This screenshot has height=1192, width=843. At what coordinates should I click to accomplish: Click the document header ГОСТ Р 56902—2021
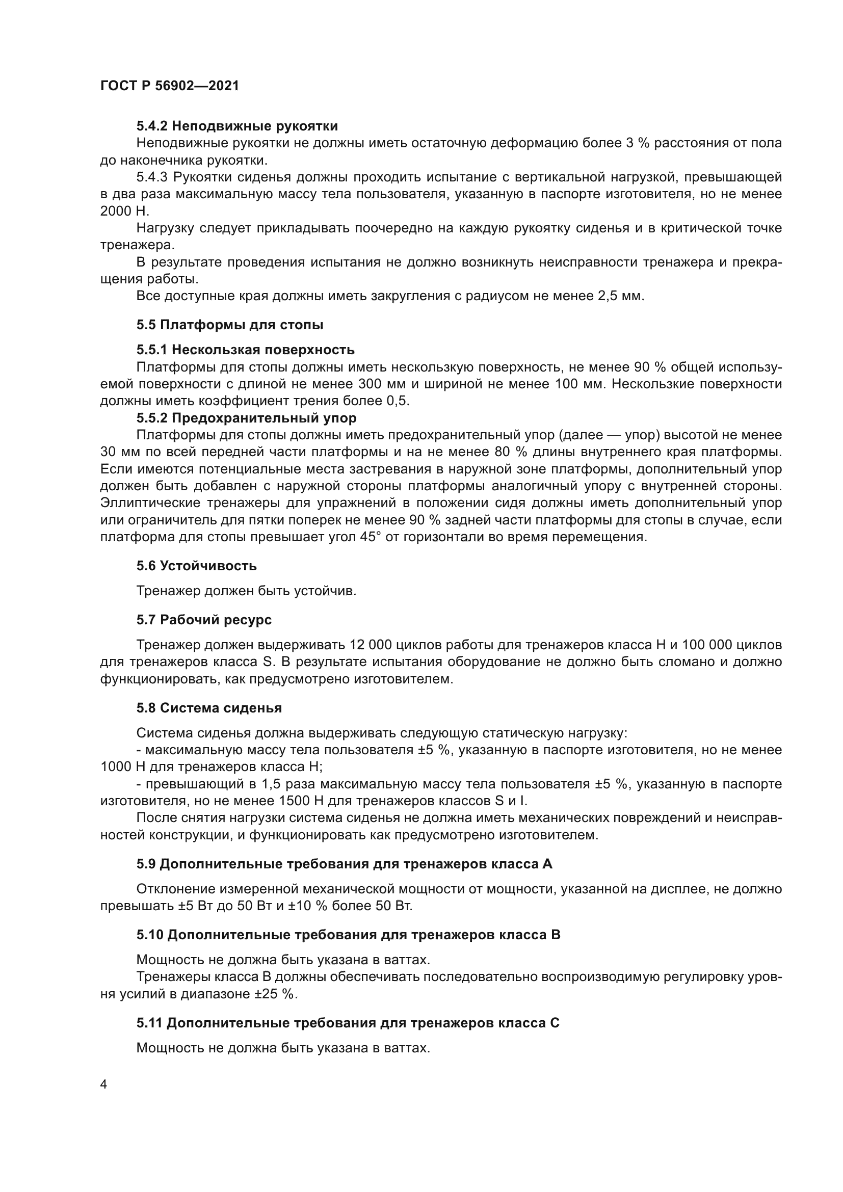click(170, 86)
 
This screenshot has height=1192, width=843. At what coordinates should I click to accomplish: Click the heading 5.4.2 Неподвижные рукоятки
click(237, 126)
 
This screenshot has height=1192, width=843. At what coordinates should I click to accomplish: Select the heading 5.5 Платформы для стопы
click(230, 325)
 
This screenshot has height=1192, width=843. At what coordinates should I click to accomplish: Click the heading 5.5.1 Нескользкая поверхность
click(246, 350)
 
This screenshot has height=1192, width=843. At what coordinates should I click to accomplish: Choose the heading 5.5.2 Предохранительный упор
click(247, 418)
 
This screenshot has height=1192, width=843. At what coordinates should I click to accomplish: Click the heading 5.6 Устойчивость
click(197, 566)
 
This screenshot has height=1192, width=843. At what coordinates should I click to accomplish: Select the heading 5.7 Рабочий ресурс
click(204, 620)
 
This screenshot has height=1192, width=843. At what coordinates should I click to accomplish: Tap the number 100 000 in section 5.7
click(712, 645)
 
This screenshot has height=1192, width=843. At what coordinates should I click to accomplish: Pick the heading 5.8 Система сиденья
click(209, 708)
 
